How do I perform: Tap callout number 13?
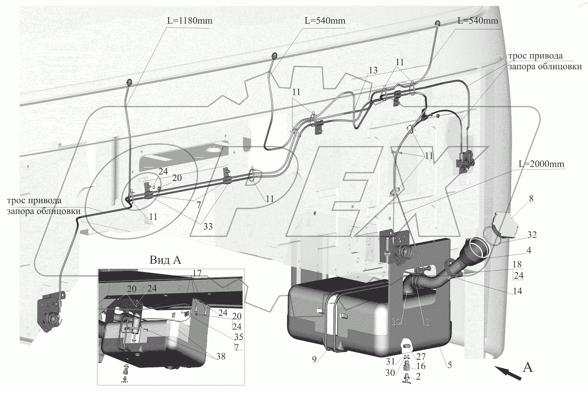point(373,70)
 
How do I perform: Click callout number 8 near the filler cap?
point(531,199)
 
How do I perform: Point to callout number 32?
point(532,234)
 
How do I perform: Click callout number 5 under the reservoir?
point(449,365)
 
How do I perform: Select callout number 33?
point(207,227)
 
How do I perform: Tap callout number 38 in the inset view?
point(220,356)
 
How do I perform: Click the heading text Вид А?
point(165,260)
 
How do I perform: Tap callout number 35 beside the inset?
point(239,337)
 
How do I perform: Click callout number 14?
point(517,291)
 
